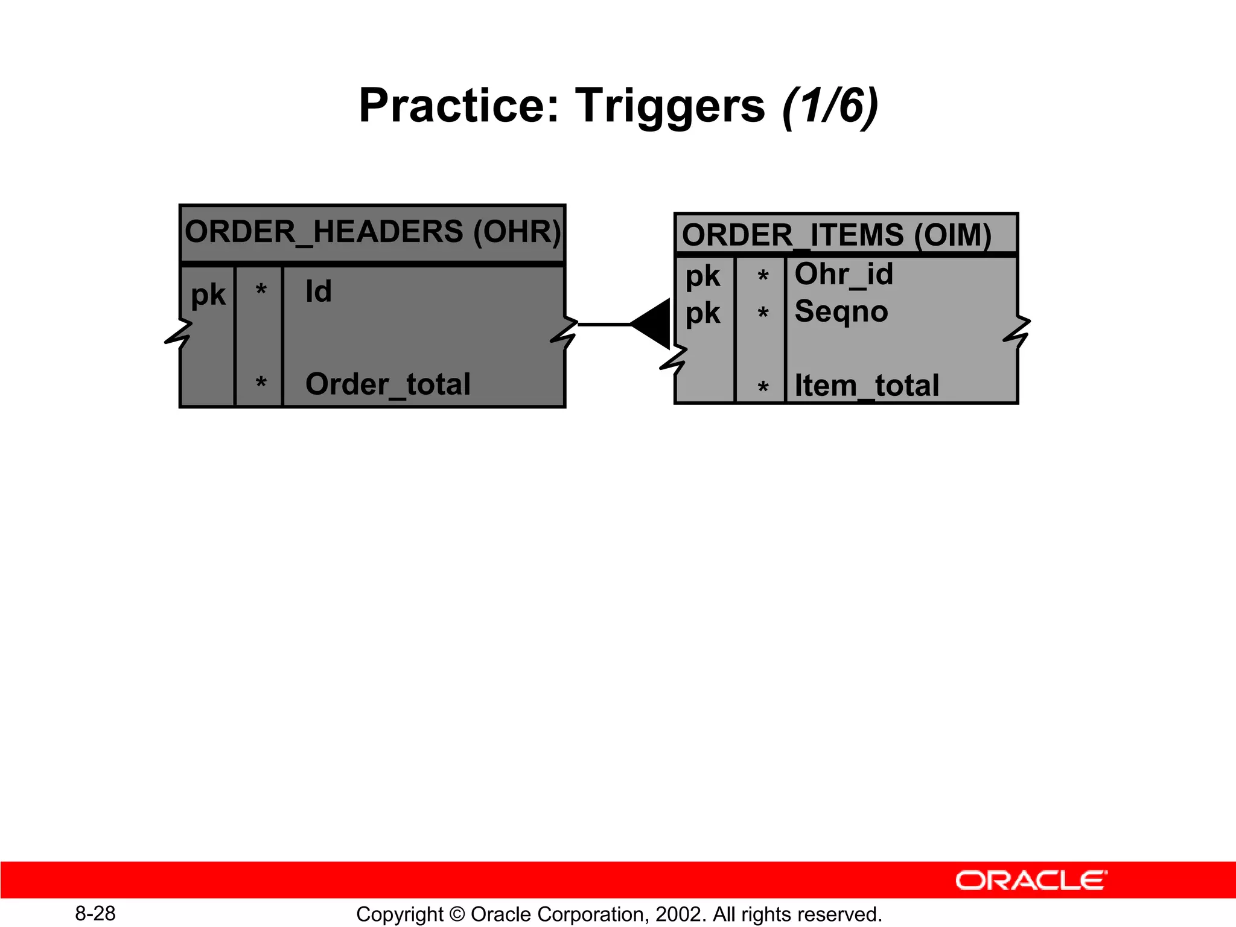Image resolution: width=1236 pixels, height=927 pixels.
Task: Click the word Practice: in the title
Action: [459, 106]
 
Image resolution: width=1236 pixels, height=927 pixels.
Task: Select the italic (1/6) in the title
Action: [830, 106]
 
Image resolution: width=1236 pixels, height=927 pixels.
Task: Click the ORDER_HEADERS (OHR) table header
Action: [372, 232]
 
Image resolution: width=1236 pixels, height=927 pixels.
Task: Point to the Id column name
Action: [318, 291]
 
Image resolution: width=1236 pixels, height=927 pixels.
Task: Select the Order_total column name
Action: [387, 384]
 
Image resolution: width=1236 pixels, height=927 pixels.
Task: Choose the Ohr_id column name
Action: [843, 275]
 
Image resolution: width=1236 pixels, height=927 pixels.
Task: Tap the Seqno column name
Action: [841, 312]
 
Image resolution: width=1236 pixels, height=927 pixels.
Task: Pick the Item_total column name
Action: [867, 386]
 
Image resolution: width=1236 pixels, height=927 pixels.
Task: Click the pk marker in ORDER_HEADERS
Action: [208, 295]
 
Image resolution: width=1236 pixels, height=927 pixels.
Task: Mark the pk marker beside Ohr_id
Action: [702, 276]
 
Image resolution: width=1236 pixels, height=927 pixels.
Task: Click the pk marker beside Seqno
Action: [702, 313]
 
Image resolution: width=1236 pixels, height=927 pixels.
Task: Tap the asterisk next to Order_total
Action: [261, 383]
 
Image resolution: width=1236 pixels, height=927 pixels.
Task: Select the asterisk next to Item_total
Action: [763, 387]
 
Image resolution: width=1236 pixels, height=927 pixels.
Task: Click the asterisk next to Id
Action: [261, 290]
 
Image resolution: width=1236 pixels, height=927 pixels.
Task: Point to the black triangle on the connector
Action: [654, 324]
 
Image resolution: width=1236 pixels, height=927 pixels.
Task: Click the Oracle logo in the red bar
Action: [1031, 881]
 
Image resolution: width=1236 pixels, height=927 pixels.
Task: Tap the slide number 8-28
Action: [95, 913]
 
